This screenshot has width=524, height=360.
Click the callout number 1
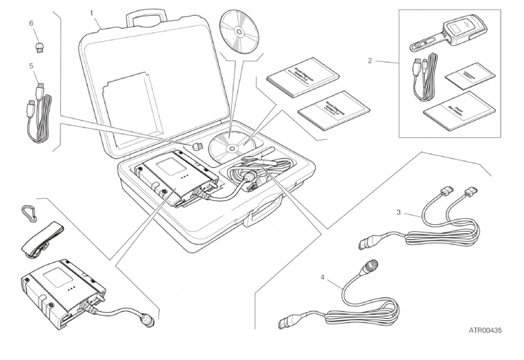(91, 12)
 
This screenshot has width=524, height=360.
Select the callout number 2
(370, 60)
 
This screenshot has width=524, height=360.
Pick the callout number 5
(31, 67)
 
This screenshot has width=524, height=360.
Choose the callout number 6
(31, 23)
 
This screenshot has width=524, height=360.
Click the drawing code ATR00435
(485, 331)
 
